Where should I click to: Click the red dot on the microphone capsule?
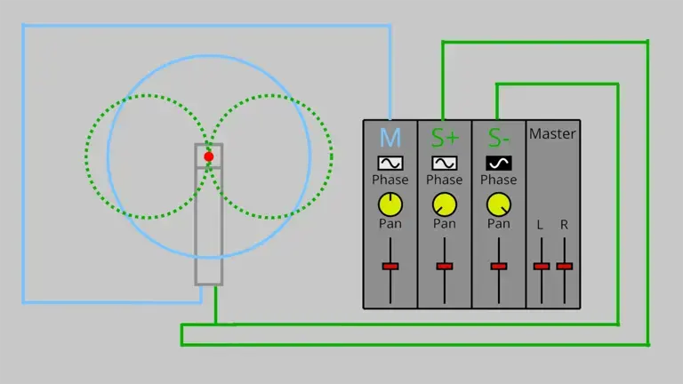209,156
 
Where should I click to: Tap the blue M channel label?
390,138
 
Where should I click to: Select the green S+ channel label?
445,138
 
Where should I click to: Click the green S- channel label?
499,138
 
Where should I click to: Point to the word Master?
552,133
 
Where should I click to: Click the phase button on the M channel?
390,164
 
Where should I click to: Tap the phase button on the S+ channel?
445,164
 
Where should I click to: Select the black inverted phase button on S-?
499,164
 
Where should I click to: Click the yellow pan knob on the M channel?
390,204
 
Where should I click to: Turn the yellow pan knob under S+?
445,204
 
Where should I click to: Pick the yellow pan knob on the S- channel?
499,204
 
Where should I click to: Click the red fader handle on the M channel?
390,266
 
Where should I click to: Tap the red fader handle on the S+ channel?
445,266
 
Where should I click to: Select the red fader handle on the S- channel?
499,266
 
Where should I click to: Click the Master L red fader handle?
542,266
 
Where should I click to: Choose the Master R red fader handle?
565,266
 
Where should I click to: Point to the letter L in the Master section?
540,225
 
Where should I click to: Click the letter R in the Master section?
564,225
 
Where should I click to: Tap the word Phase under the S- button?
499,180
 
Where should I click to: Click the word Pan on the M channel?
390,224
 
